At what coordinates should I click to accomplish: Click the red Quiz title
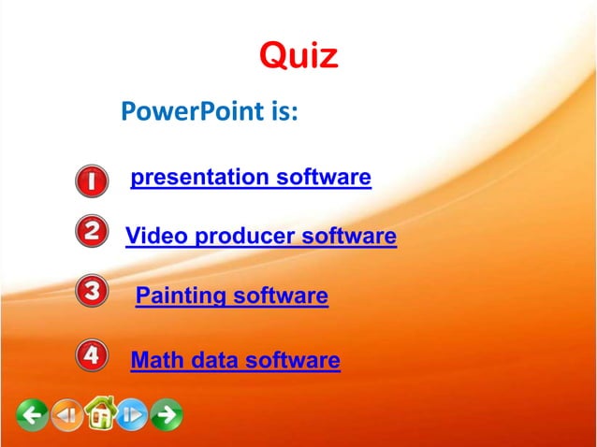[298, 56]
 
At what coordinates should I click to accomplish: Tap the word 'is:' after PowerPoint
[279, 114]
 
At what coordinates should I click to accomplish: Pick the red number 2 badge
[89, 231]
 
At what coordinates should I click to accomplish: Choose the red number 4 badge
[90, 355]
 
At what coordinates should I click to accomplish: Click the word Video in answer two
[154, 237]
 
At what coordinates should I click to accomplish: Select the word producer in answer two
[242, 237]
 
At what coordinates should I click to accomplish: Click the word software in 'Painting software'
[280, 297]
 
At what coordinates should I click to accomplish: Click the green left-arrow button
[33, 413]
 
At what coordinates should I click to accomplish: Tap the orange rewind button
[66, 413]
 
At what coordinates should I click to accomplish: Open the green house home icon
[99, 411]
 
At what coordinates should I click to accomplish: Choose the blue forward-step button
[132, 413]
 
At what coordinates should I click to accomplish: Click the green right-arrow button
[167, 413]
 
